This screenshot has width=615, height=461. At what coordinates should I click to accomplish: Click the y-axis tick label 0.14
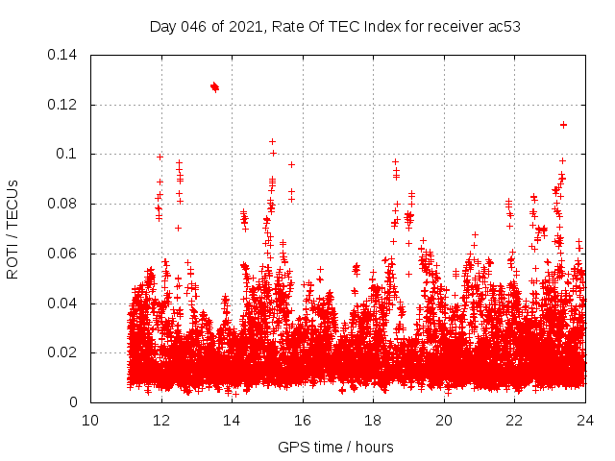click(x=64, y=55)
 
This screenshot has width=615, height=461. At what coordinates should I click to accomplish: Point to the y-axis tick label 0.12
click(x=64, y=105)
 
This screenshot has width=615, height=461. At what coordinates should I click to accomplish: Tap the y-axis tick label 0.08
click(x=64, y=204)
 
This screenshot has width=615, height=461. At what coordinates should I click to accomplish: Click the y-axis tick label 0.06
click(x=64, y=254)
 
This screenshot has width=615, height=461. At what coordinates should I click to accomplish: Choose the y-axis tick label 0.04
click(x=64, y=303)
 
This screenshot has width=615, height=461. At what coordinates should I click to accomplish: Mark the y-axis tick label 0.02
click(x=64, y=352)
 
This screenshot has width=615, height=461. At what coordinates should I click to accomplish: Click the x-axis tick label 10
click(x=90, y=421)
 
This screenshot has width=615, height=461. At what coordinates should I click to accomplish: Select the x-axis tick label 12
click(x=161, y=421)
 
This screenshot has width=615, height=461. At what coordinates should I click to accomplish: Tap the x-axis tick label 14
click(x=232, y=421)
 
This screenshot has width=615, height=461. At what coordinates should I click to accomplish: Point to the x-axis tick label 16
click(x=303, y=421)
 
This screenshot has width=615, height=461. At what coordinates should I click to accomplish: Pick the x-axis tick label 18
click(x=373, y=421)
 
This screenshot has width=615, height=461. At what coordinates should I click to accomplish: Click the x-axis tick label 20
click(x=444, y=421)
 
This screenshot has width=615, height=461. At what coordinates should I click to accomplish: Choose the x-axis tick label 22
click(x=514, y=421)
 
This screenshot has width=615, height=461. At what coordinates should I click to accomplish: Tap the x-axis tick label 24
click(x=585, y=421)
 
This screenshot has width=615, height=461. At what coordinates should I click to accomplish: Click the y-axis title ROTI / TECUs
click(x=13, y=229)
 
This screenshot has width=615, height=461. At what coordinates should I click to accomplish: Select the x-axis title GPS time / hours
click(x=335, y=447)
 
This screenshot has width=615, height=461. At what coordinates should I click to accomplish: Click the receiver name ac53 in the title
click(x=504, y=27)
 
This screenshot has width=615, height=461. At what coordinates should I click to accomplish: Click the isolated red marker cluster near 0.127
click(x=214, y=86)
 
